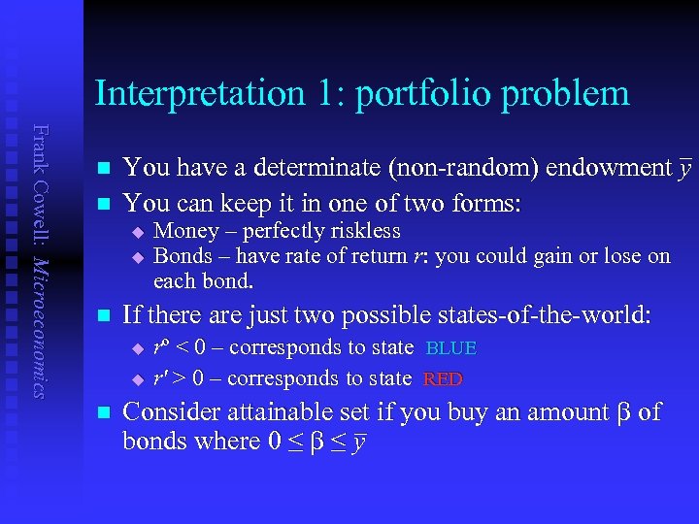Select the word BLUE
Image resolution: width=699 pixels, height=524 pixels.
(x=451, y=348)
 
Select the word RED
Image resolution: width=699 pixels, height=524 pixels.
(x=444, y=379)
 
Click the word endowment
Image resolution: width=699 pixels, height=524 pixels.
(x=608, y=168)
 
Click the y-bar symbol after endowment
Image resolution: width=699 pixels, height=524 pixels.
(x=684, y=169)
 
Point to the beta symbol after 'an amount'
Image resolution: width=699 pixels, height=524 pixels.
(x=621, y=412)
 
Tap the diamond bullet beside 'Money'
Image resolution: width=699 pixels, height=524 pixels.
(x=138, y=232)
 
